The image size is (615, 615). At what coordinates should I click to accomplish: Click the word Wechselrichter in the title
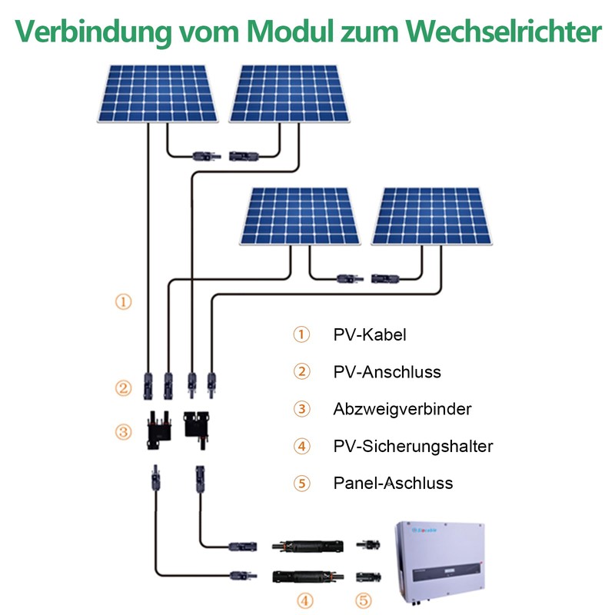(504, 31)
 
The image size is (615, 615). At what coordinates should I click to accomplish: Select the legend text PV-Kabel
(370, 335)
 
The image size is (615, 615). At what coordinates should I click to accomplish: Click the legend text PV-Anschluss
(387, 372)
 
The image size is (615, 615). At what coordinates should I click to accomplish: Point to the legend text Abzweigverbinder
(402, 409)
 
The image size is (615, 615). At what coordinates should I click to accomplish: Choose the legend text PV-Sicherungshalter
(413, 446)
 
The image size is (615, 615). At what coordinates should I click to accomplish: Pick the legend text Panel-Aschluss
(393, 484)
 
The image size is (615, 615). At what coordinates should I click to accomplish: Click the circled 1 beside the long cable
(123, 302)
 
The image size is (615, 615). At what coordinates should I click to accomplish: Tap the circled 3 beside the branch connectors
(123, 432)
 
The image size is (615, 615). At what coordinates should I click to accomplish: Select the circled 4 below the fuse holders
(304, 601)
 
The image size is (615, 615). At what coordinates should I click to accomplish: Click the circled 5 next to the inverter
(363, 601)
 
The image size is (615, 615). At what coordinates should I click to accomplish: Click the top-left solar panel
(158, 94)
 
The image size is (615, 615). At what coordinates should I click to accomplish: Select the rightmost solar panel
(432, 216)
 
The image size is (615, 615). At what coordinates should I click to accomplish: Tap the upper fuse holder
(308, 546)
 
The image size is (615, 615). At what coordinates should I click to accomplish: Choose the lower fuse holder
(308, 577)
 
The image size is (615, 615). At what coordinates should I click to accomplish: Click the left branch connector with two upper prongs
(159, 430)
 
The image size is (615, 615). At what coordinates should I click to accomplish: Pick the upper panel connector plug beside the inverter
(368, 544)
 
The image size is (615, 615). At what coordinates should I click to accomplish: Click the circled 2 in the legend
(301, 372)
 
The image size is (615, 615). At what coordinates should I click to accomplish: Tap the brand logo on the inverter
(424, 530)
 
